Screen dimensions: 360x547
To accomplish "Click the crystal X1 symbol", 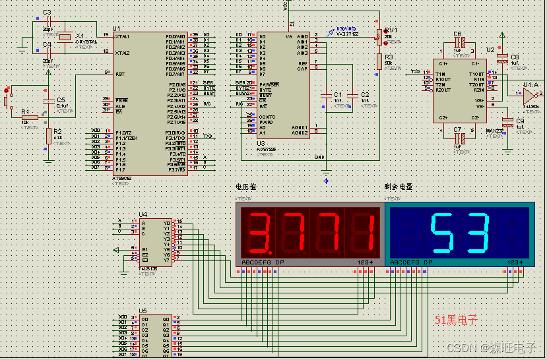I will (63, 37).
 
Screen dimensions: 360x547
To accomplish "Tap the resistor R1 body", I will (29, 117).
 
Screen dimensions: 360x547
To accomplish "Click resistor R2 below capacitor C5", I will (48, 136).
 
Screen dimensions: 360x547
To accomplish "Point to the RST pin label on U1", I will (119, 75).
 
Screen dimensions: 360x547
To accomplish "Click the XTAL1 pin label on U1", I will (123, 37).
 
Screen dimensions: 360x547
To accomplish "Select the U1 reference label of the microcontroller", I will (117, 29).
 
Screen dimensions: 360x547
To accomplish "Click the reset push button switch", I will (7, 100).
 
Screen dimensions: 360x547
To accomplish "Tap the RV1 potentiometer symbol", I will (379, 35).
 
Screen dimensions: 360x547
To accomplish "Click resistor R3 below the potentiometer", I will (379, 61).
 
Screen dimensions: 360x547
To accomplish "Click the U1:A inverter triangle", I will (528, 94).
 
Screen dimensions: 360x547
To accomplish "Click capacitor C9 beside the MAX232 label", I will (507, 123).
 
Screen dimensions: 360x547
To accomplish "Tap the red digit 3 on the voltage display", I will (260, 233).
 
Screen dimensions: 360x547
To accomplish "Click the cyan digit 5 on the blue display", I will (442, 233).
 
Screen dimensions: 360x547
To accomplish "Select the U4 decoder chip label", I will (143, 214).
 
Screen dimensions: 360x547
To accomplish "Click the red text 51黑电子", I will (455, 320).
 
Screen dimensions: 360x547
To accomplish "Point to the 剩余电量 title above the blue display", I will (399, 187).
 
